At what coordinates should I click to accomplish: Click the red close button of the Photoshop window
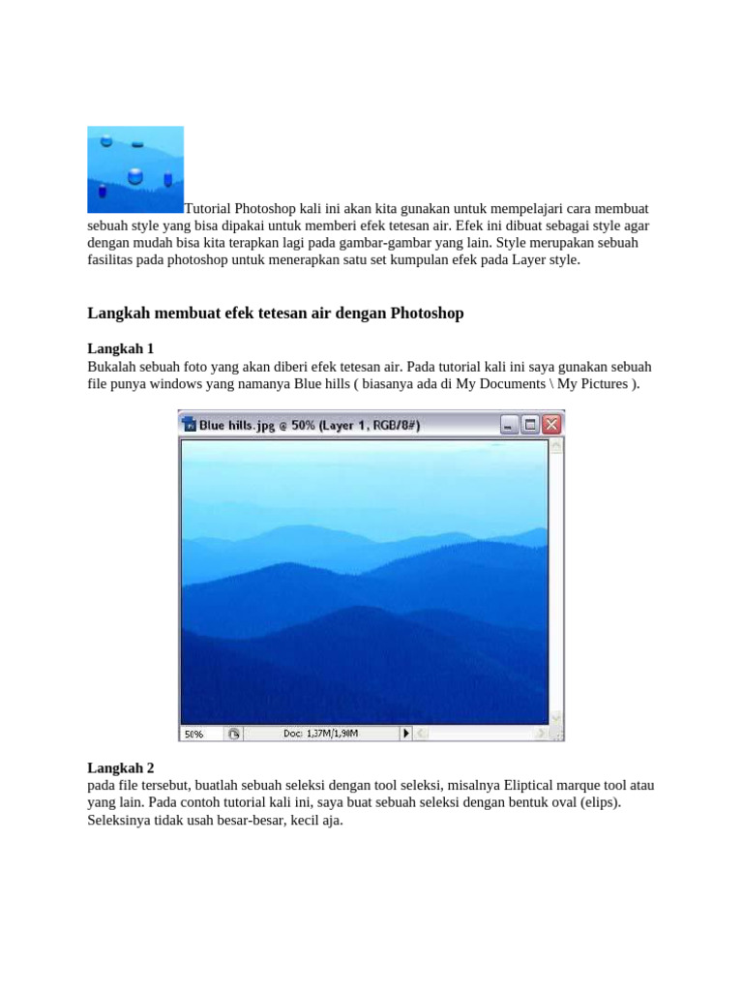pos(551,424)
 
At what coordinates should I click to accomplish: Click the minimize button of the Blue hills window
pos(508,424)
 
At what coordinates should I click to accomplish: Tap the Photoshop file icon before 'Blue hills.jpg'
pos(191,424)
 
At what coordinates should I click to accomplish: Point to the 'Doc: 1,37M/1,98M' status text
pos(321,734)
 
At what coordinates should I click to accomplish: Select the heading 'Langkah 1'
pos(121,348)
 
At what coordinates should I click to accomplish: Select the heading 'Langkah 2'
pos(121,767)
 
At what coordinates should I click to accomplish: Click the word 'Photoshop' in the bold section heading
pos(428,314)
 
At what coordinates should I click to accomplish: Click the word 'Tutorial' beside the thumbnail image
pos(207,209)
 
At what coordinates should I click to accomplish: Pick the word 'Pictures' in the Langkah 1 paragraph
pos(603,384)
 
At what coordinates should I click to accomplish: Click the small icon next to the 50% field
pos(233,734)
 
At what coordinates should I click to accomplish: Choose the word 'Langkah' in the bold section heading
pos(119,314)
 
